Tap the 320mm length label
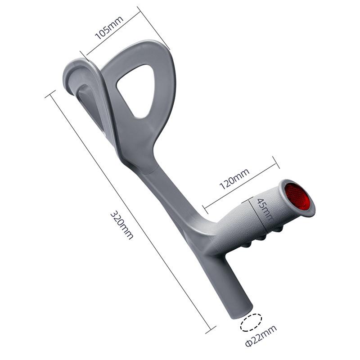[x=122, y=225]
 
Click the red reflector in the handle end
[x=298, y=197]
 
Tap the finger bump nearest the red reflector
[x=279, y=230]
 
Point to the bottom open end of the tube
[x=242, y=312]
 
